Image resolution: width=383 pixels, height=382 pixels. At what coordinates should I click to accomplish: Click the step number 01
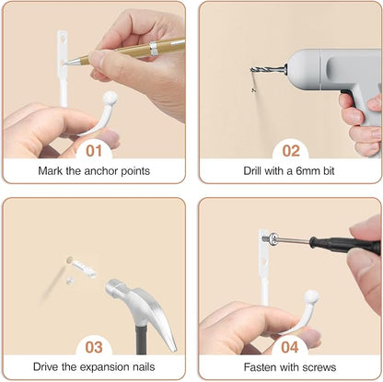click(x=94, y=151)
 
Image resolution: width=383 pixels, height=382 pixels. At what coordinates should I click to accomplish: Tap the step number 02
click(x=291, y=151)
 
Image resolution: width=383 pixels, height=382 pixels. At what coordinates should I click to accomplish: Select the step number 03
click(x=94, y=347)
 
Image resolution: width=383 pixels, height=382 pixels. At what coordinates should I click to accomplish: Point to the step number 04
click(x=290, y=347)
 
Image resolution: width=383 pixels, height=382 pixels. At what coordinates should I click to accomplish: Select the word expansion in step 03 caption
click(x=100, y=367)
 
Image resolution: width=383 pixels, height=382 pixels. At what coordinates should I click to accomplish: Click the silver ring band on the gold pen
click(x=154, y=49)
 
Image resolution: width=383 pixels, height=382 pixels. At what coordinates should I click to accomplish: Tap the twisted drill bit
click(x=267, y=70)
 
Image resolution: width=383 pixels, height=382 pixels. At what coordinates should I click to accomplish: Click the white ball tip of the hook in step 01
click(x=110, y=98)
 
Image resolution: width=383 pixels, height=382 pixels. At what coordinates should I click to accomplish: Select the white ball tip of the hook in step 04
click(x=311, y=296)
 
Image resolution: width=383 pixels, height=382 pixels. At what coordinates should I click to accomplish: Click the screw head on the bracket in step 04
click(x=273, y=239)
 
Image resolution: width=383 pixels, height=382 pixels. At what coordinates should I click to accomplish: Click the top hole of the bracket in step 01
click(x=63, y=39)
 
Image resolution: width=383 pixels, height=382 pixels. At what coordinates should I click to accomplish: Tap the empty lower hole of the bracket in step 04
click(x=265, y=262)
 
